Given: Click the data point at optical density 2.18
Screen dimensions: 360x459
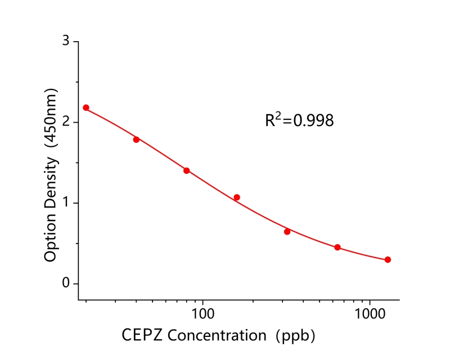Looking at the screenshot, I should click(86, 107).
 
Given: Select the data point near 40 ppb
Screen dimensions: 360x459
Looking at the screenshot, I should click(136, 139).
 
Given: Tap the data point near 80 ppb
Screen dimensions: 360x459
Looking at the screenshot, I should click(187, 170).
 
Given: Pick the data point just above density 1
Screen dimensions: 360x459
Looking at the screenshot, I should click(237, 197).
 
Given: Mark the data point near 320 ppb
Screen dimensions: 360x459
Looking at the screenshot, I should click(287, 232).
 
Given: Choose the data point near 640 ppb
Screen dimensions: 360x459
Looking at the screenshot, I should click(337, 247).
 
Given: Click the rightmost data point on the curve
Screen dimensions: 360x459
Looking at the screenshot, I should click(388, 260).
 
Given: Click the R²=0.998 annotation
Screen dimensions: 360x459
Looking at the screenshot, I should click(299, 120).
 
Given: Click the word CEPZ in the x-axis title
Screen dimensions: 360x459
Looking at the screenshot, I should click(141, 336).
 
